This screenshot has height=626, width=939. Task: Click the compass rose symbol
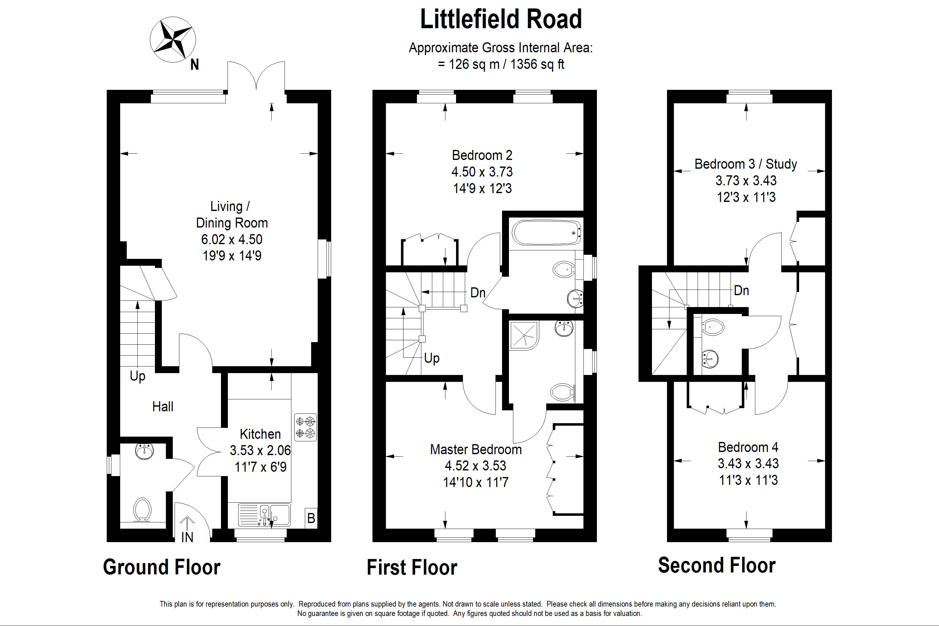(173, 39)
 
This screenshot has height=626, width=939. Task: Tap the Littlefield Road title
(501, 19)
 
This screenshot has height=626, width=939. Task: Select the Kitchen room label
(260, 434)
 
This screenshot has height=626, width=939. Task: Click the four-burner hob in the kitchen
(305, 427)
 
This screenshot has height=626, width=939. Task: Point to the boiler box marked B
(311, 518)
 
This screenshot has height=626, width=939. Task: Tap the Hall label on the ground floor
(162, 407)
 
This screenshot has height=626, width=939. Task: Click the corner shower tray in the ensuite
(523, 335)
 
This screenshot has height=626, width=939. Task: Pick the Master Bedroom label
(475, 449)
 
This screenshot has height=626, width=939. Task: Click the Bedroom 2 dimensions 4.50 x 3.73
(482, 172)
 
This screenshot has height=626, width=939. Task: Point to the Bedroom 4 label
(748, 447)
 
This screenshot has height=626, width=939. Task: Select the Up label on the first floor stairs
(432, 358)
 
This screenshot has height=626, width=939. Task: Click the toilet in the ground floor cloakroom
(142, 510)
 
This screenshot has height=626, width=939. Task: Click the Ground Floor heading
(162, 567)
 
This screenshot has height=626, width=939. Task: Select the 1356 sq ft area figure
(537, 64)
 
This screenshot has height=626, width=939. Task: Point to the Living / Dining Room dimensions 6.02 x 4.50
(232, 239)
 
